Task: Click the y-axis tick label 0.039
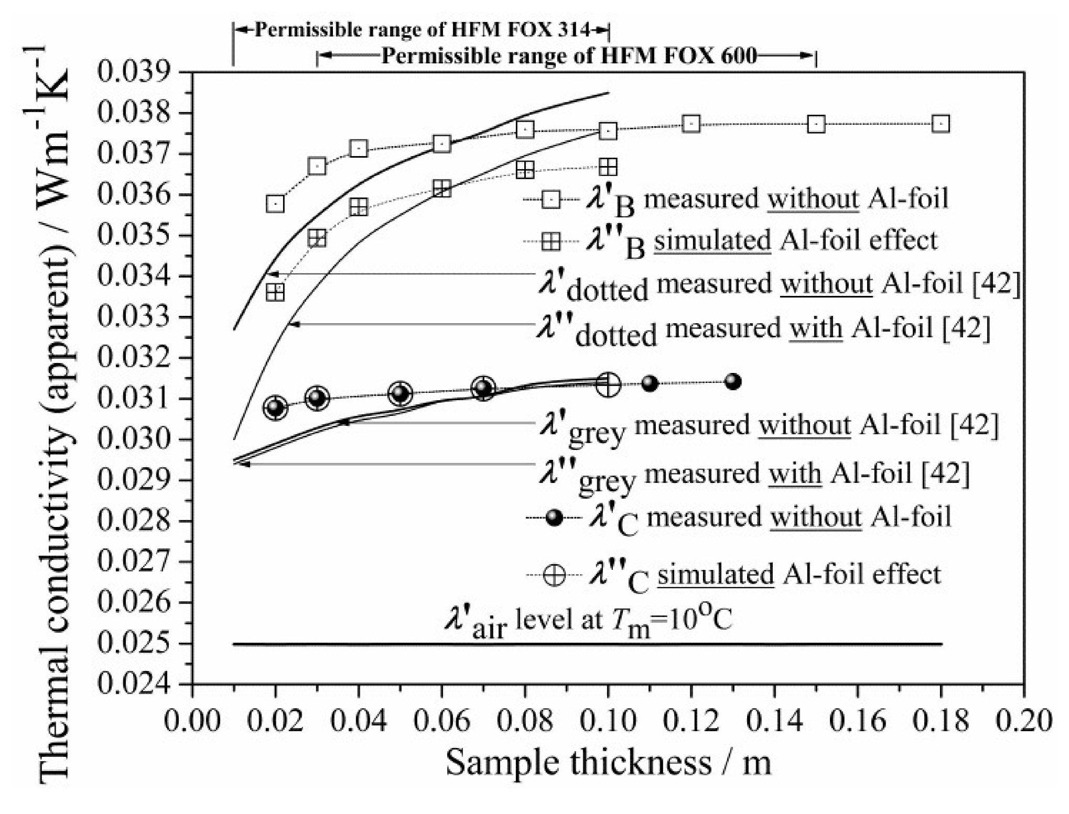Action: [135, 72]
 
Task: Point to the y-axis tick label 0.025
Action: [135, 644]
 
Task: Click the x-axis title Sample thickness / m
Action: [608, 763]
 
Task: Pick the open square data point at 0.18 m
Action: [941, 124]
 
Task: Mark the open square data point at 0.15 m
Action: [816, 125]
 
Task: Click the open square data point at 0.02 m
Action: [275, 204]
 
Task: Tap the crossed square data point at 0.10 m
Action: [608, 168]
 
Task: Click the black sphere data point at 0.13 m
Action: [733, 382]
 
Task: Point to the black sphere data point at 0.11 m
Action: [650, 383]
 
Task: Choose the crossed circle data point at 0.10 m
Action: [608, 385]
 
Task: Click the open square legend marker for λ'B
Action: [552, 199]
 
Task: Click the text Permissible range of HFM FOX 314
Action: [423, 30]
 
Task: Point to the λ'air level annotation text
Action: [587, 622]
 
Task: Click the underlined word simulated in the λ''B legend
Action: [712, 241]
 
